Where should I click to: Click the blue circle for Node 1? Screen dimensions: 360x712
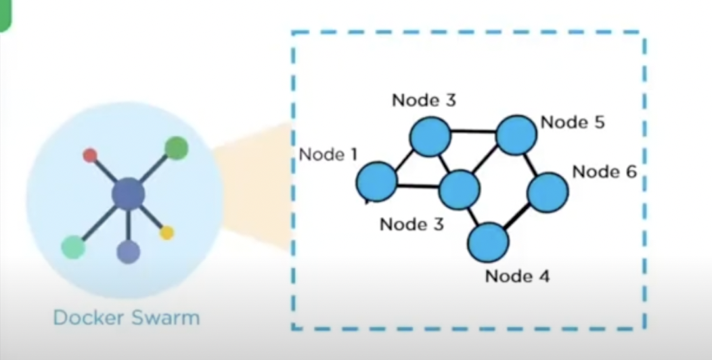pos(376,181)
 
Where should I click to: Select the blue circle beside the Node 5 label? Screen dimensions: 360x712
pos(516,135)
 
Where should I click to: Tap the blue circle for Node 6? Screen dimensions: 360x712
pos(547,192)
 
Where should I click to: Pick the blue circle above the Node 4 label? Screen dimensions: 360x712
pos(488,242)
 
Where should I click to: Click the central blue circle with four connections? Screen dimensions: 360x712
pos(459,189)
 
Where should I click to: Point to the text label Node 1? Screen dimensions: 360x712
pos(328,154)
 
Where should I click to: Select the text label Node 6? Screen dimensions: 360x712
pos(604,172)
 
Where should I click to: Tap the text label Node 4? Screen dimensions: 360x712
pos(518,275)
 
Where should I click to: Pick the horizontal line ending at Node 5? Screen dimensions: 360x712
pos(473,131)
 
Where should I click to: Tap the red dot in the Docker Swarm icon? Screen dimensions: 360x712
pos(89,156)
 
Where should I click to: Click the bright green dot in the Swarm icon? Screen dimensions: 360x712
pos(176,148)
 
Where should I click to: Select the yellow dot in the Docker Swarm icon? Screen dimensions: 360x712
pos(166,233)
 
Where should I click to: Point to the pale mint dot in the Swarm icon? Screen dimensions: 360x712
pos(72,246)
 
